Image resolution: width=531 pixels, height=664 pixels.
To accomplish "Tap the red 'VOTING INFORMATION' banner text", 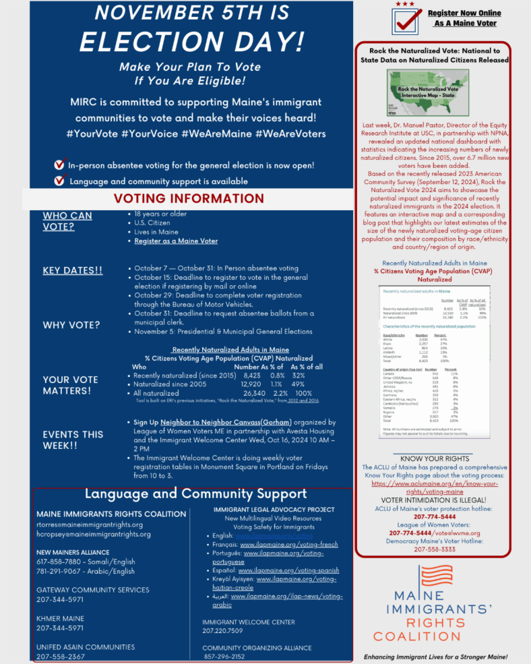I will pos(189,198).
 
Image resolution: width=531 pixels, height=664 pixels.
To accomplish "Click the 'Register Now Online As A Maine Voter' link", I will pos(465,18).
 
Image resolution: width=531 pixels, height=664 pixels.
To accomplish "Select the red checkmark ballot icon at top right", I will pos(407,20).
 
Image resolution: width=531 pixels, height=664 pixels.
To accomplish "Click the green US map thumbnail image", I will pos(432,93).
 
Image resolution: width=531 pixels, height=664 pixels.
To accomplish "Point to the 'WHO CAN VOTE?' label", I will pos(67,221).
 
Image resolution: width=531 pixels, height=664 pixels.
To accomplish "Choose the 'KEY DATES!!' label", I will pos(73,270).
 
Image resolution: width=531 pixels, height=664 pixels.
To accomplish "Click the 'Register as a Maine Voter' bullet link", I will pos(176,241).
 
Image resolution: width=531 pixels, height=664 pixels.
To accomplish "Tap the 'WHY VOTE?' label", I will pos(71,325).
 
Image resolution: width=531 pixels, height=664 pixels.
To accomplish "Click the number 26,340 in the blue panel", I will pos(254,393).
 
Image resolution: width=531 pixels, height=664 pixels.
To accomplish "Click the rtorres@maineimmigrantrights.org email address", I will pos(90,524).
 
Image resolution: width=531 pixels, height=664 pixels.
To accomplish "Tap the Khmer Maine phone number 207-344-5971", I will pos(60,628).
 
